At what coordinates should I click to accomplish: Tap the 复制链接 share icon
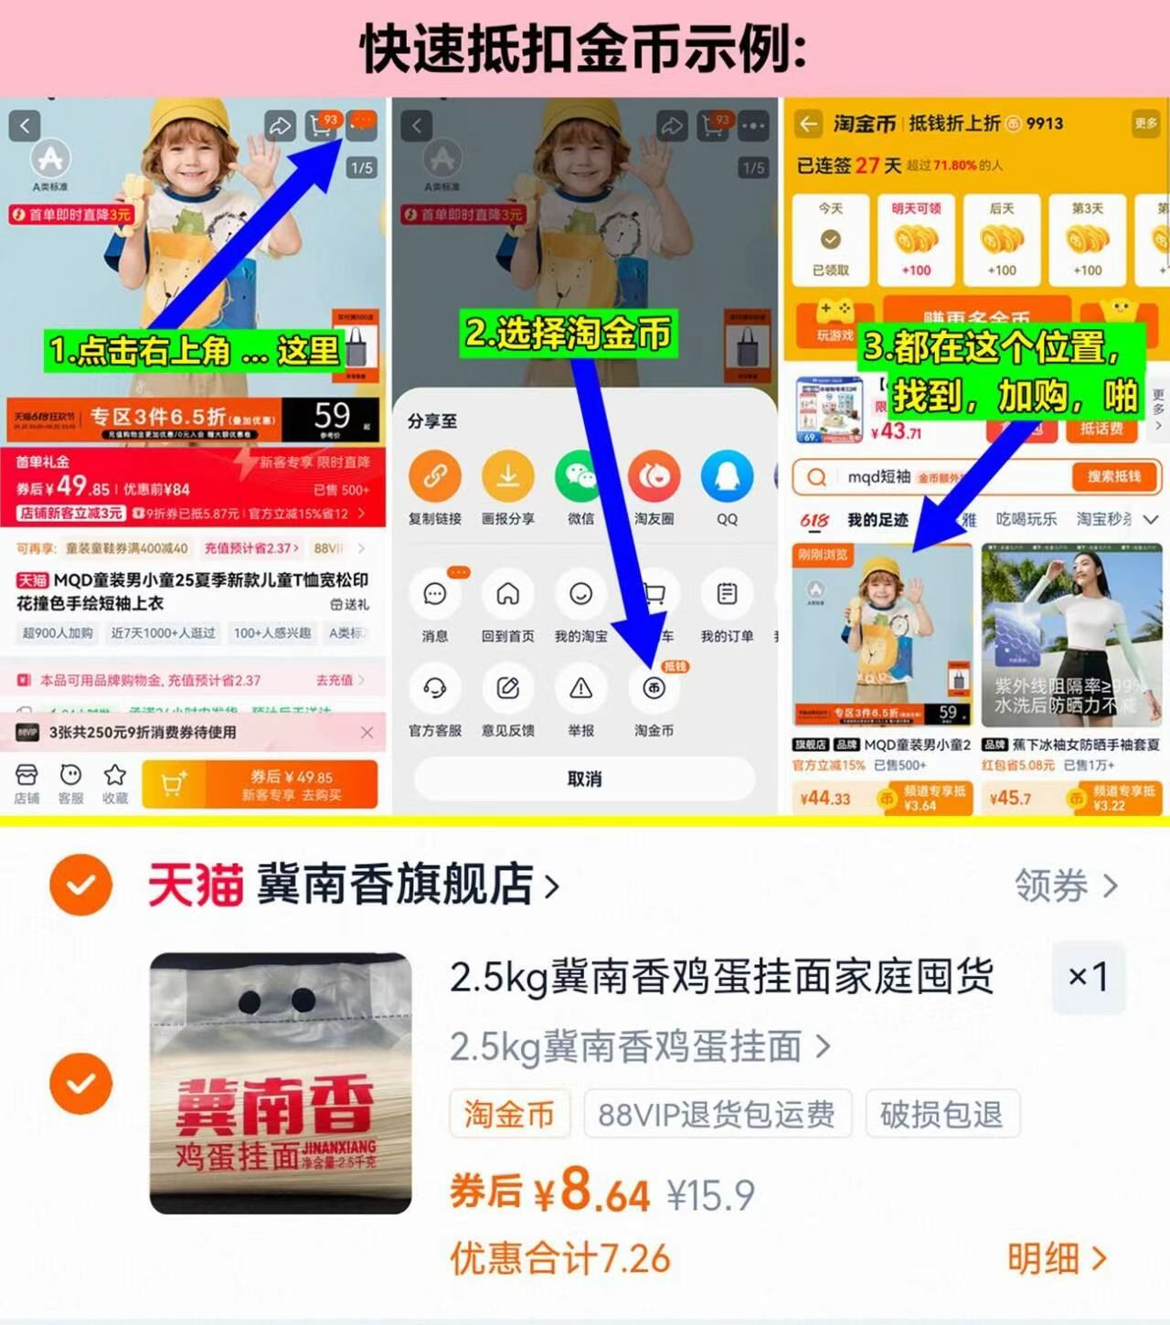[x=434, y=477]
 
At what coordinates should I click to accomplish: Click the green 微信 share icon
[x=580, y=477]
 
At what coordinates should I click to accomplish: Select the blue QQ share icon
[x=727, y=477]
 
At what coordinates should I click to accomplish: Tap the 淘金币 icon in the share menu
[x=654, y=689]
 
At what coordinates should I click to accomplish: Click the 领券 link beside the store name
[x=1066, y=885]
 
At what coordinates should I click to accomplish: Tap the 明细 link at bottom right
[x=1057, y=1258]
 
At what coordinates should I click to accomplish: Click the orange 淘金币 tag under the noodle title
[x=509, y=1114]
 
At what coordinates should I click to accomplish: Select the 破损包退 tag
[x=941, y=1114]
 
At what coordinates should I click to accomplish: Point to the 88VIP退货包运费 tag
[x=717, y=1114]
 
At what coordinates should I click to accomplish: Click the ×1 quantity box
[x=1088, y=977]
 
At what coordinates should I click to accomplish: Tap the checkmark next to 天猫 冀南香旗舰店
[x=81, y=885]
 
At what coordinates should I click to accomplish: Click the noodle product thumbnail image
[x=281, y=1083]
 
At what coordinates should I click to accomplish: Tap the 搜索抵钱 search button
[x=1113, y=476]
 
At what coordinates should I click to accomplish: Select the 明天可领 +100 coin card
[x=916, y=239]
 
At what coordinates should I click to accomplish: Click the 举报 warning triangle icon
[x=580, y=689]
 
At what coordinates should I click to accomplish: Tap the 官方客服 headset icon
[x=434, y=689]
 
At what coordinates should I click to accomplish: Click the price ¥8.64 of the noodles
[x=594, y=1192]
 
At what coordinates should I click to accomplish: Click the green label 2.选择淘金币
[x=569, y=334]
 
